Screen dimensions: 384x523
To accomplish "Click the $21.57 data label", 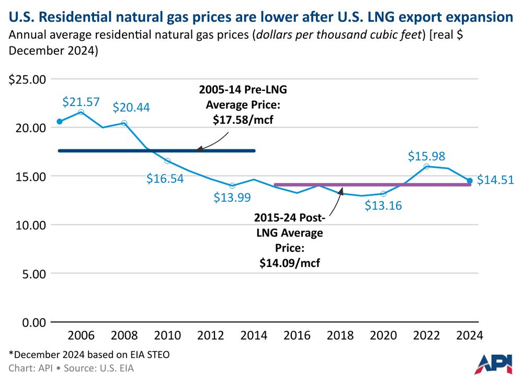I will click(x=81, y=102).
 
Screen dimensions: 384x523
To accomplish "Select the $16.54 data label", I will click(x=165, y=179).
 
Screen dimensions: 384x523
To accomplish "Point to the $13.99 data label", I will click(x=232, y=197).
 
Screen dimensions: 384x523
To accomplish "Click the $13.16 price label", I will click(x=383, y=205).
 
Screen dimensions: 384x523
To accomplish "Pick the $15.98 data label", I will click(x=426, y=156).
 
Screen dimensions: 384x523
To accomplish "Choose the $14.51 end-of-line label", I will click(x=495, y=181).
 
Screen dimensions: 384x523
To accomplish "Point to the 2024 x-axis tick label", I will click(x=469, y=335).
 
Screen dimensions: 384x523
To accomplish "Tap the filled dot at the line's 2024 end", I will click(x=470, y=181).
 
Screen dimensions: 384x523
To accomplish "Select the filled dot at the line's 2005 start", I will click(x=59, y=121).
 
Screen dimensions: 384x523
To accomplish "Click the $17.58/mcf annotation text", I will click(x=243, y=120).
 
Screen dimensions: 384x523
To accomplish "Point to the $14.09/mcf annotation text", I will click(x=289, y=263).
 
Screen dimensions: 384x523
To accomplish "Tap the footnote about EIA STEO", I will click(x=89, y=355).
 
